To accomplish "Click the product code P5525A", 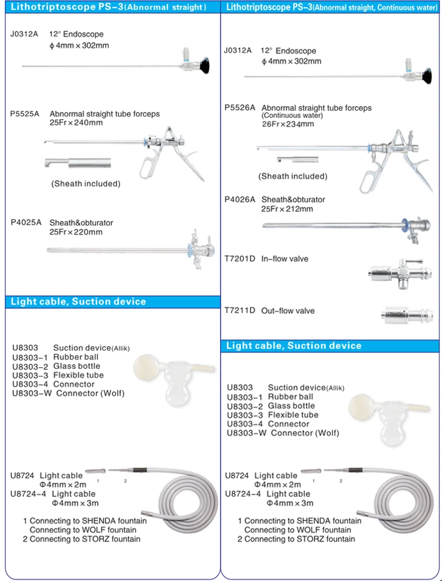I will (24, 114).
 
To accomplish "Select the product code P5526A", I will (239, 108).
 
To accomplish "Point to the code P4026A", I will (239, 200).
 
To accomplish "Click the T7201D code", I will (239, 259).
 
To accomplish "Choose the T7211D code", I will (239, 310).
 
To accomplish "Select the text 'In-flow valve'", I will (285, 259).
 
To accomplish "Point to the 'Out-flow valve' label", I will (288, 310).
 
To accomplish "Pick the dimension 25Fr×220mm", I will (76, 232).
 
